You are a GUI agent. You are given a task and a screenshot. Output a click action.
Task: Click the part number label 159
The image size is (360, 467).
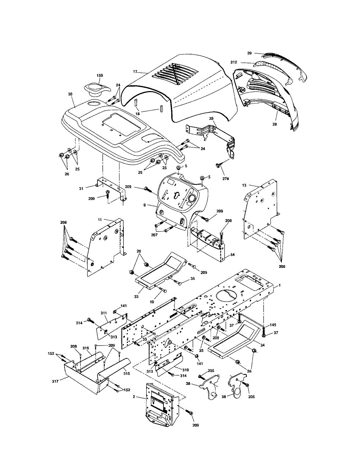100,75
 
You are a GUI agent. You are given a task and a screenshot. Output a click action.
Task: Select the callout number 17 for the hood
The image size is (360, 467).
135,72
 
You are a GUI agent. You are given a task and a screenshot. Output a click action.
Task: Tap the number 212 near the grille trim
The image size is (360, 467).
234,62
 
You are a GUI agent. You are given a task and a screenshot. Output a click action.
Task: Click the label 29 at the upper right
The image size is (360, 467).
249,53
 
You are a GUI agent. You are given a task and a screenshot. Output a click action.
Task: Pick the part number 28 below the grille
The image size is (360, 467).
274,124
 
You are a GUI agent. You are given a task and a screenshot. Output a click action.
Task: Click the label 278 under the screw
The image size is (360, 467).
226,178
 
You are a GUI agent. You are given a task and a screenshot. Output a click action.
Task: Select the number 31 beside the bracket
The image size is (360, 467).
81,189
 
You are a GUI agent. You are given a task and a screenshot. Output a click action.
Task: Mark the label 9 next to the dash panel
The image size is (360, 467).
145,205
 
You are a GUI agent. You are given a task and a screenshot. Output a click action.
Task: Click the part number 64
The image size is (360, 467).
232,255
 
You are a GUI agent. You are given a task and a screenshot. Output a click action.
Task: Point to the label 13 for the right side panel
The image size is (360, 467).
244,185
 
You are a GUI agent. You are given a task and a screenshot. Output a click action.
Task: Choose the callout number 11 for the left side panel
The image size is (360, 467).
100,219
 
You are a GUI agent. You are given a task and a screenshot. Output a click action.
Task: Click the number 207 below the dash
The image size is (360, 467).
155,235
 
